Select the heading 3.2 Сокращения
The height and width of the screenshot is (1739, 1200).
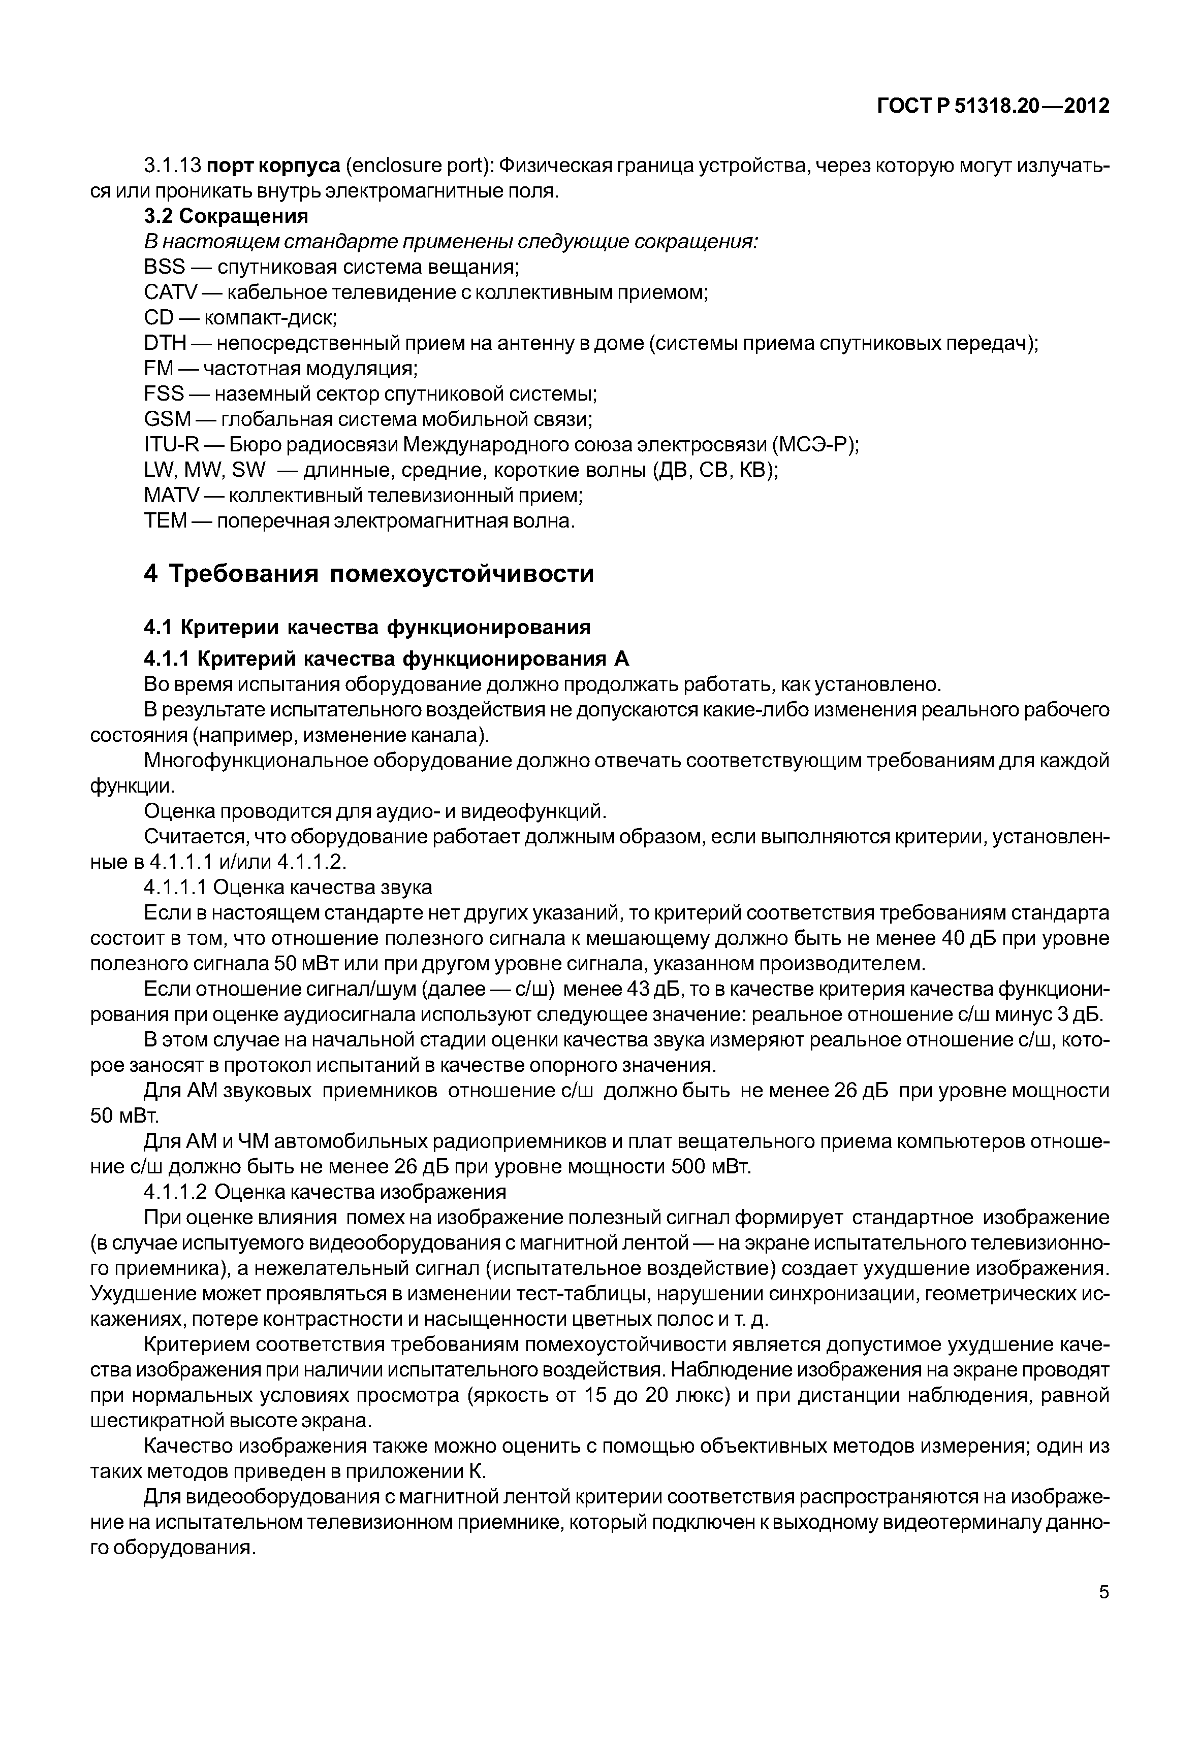pos(226,216)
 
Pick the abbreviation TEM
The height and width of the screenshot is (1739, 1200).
pos(165,521)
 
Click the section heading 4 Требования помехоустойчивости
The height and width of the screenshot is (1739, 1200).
pos(368,574)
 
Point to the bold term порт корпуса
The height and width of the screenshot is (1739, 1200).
pos(273,166)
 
